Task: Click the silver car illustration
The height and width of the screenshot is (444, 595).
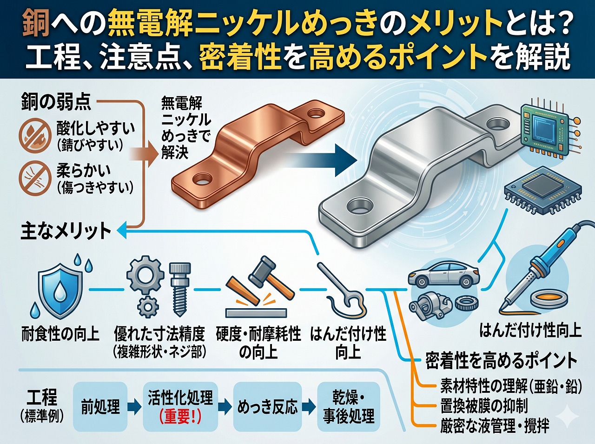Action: click(443, 275)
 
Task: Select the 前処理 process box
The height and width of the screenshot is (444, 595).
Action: click(100, 407)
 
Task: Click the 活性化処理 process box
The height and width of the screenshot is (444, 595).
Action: click(180, 407)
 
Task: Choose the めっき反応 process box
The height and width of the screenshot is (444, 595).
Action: click(267, 407)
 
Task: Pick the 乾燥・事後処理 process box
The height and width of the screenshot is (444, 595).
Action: click(349, 407)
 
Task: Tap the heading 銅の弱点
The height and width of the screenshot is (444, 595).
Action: click(56, 102)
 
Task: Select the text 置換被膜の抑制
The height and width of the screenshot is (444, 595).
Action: click(484, 406)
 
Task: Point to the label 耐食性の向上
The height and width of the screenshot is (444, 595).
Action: click(60, 334)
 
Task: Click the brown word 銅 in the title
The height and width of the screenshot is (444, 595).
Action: click(36, 23)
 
